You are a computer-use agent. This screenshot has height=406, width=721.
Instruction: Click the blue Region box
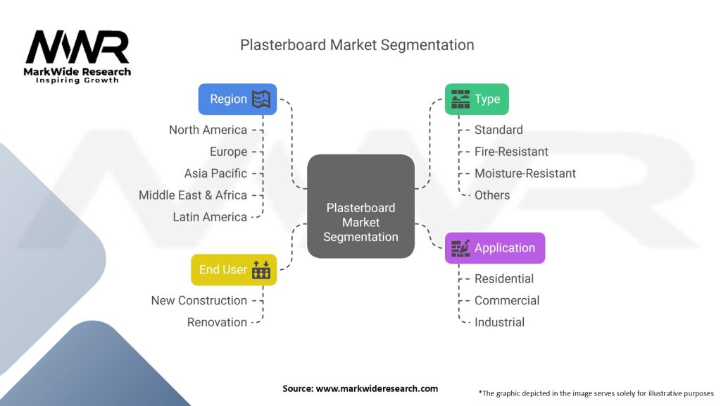(x=237, y=99)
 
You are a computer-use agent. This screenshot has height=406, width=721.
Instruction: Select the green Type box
(x=477, y=99)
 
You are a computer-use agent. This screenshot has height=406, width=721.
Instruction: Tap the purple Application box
(x=494, y=248)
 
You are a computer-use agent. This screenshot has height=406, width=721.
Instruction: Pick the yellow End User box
(x=234, y=270)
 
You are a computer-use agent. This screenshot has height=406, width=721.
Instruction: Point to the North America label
(x=208, y=130)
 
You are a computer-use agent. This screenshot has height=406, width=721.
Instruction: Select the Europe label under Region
(x=228, y=152)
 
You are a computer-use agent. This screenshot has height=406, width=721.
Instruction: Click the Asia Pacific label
(x=215, y=173)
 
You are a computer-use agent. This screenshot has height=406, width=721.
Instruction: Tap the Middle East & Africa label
(x=193, y=195)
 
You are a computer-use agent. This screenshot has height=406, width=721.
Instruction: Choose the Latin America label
(x=210, y=217)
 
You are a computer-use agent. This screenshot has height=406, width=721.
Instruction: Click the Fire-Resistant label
(x=511, y=152)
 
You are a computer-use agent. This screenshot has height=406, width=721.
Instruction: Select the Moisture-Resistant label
(x=525, y=173)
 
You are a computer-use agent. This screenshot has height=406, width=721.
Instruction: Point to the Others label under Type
(x=492, y=195)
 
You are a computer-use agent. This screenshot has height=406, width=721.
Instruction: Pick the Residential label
(x=504, y=278)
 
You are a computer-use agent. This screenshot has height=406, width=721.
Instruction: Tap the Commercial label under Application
(x=507, y=300)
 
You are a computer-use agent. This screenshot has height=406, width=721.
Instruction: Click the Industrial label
(x=499, y=322)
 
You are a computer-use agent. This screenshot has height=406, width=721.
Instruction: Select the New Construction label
(x=199, y=300)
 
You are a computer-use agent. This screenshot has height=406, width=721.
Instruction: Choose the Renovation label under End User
(x=217, y=322)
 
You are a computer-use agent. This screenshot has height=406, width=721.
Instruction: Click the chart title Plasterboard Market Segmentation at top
(x=357, y=45)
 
